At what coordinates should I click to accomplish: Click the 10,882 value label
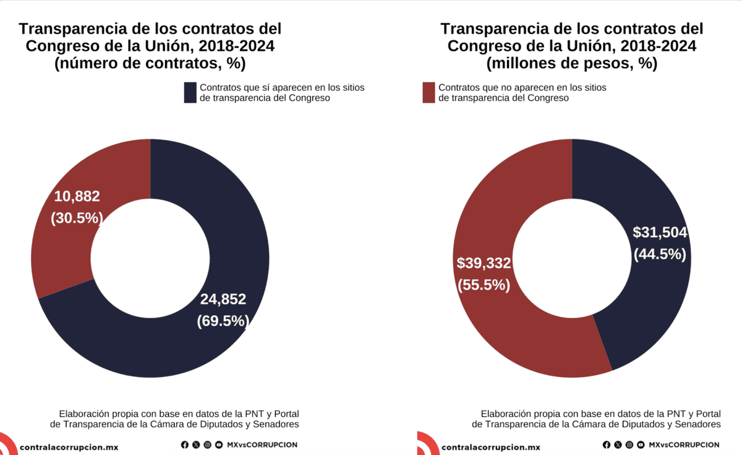77,196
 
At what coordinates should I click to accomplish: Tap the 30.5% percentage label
77,218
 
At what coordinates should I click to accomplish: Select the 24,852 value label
223,300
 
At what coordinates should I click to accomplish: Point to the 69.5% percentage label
223,321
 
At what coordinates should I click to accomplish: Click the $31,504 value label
660,232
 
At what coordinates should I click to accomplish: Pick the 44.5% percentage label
660,254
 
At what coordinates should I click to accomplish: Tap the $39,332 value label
484,263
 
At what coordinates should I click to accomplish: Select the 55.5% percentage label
484,285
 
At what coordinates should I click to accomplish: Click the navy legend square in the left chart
190,93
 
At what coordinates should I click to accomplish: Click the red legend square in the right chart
429,93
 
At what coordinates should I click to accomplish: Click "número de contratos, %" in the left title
150,64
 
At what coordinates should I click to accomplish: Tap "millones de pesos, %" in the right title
571,64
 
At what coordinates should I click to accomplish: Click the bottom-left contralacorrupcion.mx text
69,446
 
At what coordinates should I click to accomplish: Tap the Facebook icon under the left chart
185,444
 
